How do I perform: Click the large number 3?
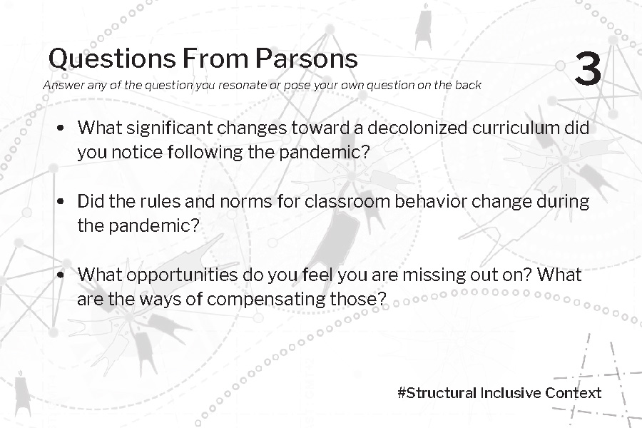tap(588, 68)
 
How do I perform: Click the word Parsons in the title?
tap(307, 58)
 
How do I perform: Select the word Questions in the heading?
tap(112, 59)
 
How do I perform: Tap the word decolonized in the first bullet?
tap(417, 128)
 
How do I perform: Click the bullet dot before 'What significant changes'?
tap(61, 128)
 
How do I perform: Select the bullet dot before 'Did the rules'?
tap(61, 201)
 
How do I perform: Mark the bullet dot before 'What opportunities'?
tap(61, 275)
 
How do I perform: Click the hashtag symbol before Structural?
tap(402, 393)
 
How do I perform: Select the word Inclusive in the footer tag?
tap(511, 393)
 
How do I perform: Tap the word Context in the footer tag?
tap(574, 393)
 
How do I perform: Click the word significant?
tap(169, 129)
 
